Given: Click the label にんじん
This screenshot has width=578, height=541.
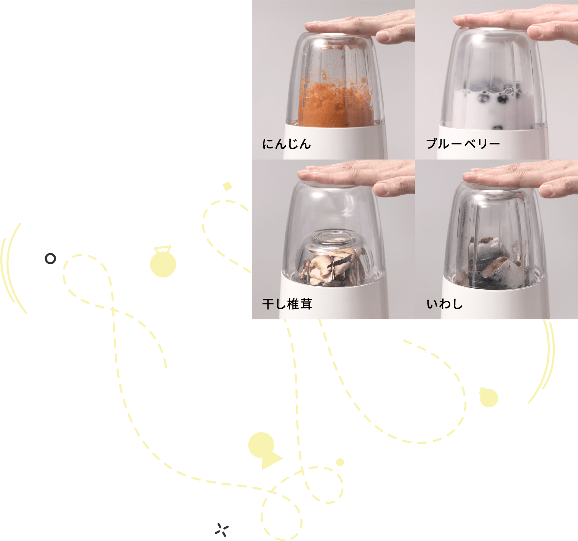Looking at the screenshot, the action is pyautogui.click(x=287, y=144).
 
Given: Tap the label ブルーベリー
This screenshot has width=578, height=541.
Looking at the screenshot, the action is pyautogui.click(x=463, y=144).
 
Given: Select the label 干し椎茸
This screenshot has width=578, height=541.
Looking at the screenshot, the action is pyautogui.click(x=287, y=304).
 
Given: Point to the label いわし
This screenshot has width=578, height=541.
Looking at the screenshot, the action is pyautogui.click(x=444, y=304).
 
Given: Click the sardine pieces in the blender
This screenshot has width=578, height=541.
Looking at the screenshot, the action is pyautogui.click(x=495, y=264).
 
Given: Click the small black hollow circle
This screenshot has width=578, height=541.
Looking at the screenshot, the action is pyautogui.click(x=50, y=259).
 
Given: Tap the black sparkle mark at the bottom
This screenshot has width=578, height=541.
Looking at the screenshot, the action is pyautogui.click(x=222, y=530).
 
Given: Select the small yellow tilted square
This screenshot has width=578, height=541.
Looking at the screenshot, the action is pyautogui.click(x=227, y=186).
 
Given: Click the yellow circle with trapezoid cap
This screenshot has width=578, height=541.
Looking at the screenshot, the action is pyautogui.click(x=163, y=262).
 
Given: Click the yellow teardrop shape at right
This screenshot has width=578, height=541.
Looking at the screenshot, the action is pyautogui.click(x=488, y=397).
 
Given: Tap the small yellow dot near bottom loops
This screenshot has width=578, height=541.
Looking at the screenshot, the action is pyautogui.click(x=340, y=463).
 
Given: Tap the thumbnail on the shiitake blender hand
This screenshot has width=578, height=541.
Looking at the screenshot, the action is pyautogui.click(x=381, y=189).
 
